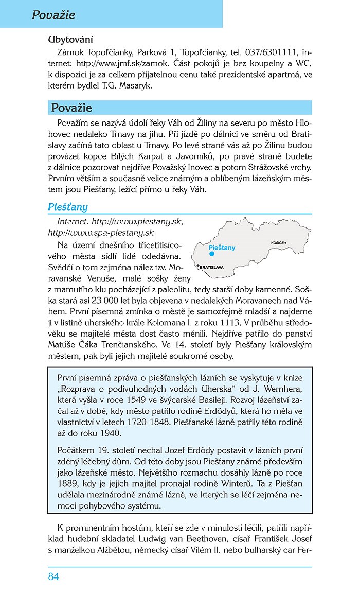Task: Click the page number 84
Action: point(53,576)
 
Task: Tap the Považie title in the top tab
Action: point(53,15)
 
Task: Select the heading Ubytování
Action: point(70,39)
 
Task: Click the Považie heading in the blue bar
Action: point(71,108)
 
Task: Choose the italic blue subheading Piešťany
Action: point(68,207)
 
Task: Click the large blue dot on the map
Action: point(211,254)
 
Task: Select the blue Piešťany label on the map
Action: point(222,248)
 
